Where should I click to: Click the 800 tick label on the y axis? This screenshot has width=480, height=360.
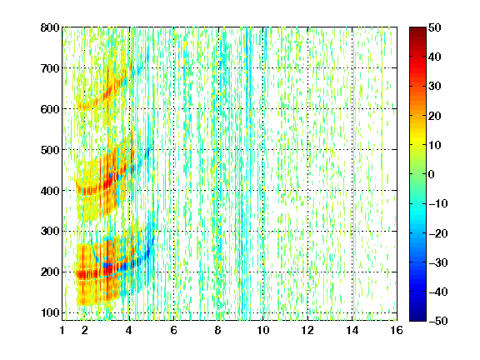(50, 27)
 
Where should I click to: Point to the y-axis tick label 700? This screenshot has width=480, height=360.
(50, 68)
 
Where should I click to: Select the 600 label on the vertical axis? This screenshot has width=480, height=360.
(50, 109)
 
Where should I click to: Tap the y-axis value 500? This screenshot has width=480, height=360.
(50, 150)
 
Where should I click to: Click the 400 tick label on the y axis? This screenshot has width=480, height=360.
(50, 191)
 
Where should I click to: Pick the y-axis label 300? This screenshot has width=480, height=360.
(50, 232)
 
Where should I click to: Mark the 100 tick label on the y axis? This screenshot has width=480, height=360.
(50, 312)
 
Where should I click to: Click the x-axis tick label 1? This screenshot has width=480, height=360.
(62, 330)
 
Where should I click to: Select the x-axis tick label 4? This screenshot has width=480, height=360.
(129, 330)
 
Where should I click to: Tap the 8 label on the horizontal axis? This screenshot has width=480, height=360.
(217, 330)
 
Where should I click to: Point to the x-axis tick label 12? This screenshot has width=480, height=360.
(307, 330)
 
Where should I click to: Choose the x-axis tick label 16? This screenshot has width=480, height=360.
(397, 330)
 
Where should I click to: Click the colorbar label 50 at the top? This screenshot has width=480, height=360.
(435, 27)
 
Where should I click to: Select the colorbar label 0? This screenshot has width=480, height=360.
(432, 174)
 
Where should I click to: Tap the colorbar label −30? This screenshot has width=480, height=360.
(438, 262)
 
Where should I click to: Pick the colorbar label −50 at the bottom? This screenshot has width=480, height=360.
(438, 321)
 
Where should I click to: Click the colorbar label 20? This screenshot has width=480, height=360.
(435, 116)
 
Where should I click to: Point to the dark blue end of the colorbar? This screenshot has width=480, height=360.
(417, 318)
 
